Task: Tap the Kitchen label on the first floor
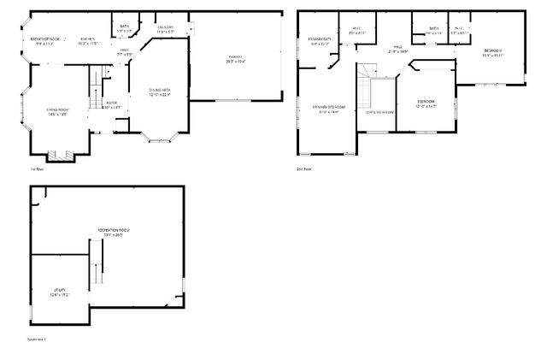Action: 88,40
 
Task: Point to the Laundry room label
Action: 165,28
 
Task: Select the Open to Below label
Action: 379,111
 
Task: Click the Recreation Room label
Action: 111,233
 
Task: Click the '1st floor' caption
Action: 36,168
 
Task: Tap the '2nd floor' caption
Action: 304,168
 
